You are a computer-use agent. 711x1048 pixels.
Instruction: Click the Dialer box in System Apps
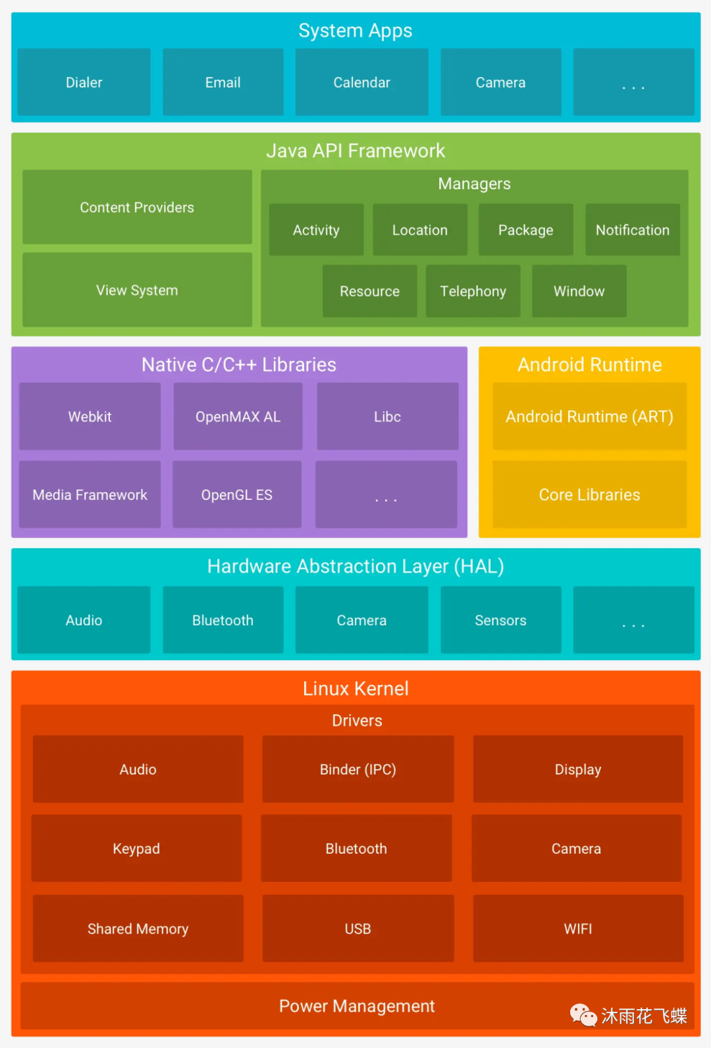tap(84, 82)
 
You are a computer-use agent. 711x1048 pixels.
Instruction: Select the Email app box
tap(223, 82)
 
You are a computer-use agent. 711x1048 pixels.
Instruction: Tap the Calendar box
tap(361, 82)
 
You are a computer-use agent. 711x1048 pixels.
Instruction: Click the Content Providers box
tap(137, 207)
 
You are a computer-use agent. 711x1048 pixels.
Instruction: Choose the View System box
tap(137, 290)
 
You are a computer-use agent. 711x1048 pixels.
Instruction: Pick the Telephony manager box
tap(473, 291)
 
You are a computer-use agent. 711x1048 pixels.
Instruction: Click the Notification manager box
tap(632, 230)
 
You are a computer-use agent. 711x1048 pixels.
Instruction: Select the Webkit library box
tap(90, 417)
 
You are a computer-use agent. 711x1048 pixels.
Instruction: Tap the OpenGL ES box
tap(236, 495)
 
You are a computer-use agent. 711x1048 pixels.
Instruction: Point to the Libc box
tap(387, 417)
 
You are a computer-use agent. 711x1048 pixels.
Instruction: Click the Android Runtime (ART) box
tap(589, 417)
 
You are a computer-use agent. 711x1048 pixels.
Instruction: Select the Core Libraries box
tap(589, 495)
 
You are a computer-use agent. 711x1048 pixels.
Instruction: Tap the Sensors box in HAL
tap(500, 621)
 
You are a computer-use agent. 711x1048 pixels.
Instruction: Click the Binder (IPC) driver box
tap(357, 769)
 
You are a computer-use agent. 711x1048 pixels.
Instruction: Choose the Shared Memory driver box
tap(138, 929)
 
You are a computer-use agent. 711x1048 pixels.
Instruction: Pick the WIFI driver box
tap(577, 929)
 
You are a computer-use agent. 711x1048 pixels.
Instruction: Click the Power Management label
tap(357, 1007)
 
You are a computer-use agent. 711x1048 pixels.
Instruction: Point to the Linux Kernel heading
tap(355, 689)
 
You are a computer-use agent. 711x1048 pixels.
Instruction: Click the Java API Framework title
tap(355, 151)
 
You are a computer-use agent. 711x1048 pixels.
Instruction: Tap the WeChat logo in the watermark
tap(583, 1015)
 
